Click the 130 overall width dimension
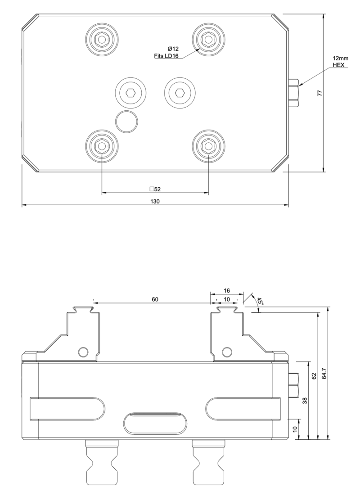pyautogui.click(x=155, y=201)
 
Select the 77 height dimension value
pyautogui.click(x=319, y=93)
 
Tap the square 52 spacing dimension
pyautogui.click(x=155, y=189)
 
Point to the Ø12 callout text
pyautogui.click(x=174, y=49)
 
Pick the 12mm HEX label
pyautogui.click(x=338, y=62)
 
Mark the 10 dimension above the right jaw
pyautogui.click(x=226, y=299)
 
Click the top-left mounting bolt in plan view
pyautogui.click(x=102, y=40)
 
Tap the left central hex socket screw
pyautogui.click(x=130, y=93)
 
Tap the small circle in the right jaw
pyautogui.click(x=228, y=352)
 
